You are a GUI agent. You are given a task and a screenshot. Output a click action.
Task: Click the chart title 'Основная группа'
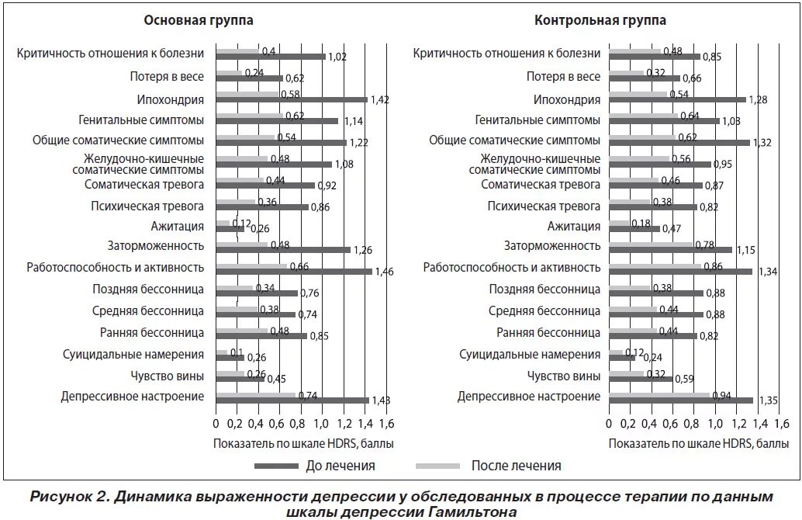coord(199,21)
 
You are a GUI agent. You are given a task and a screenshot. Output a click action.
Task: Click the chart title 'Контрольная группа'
coord(600,21)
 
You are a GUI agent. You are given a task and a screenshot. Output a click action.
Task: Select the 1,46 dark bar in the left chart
coord(294,272)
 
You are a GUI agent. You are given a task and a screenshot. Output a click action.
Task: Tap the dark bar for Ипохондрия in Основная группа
coord(292,99)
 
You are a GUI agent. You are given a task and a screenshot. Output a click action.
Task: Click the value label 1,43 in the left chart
coord(379,400)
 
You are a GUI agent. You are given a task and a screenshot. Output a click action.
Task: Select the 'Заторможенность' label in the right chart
coord(552,246)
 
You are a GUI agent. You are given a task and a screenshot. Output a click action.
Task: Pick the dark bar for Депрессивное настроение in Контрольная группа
coord(681,400)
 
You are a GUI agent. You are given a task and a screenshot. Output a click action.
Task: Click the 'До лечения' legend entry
coord(339,466)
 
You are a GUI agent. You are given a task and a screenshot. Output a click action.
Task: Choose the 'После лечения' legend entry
coord(516,466)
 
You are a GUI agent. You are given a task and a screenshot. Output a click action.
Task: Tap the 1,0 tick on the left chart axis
coord(320,424)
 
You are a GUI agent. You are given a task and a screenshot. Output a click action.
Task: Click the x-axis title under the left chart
coord(302,444)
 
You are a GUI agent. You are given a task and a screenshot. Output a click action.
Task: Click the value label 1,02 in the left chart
coord(337,57)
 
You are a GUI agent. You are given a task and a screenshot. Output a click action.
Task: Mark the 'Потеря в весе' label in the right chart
coord(563,76)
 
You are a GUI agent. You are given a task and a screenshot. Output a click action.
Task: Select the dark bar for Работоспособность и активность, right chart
coord(680,272)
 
